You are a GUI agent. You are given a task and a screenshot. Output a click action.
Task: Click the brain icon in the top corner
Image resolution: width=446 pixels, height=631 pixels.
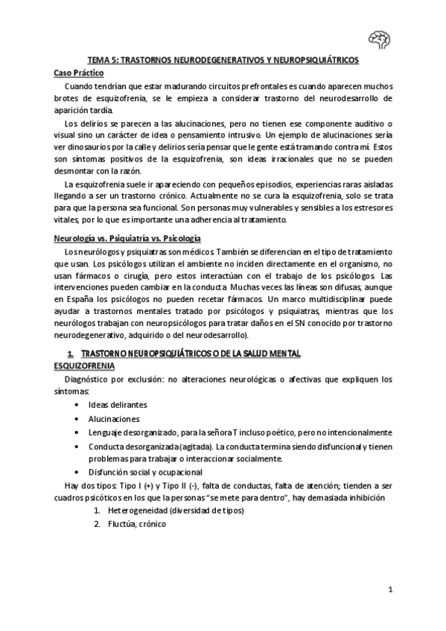(380, 38)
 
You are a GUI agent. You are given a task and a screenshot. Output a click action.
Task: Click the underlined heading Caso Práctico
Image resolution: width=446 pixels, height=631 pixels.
(80, 73)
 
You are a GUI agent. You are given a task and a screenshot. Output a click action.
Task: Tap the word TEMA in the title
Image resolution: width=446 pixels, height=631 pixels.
(98, 59)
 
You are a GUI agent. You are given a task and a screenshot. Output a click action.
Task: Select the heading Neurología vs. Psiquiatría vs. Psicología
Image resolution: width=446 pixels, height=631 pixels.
(127, 238)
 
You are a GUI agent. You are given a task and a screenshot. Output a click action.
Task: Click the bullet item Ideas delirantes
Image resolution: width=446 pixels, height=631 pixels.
(117, 405)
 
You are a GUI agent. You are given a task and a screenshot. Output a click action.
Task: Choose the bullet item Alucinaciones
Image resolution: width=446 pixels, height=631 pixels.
(114, 419)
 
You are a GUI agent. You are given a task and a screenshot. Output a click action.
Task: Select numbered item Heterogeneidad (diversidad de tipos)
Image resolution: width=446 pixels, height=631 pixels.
(165, 511)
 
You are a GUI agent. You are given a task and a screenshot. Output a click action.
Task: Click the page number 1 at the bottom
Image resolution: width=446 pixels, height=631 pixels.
(390, 590)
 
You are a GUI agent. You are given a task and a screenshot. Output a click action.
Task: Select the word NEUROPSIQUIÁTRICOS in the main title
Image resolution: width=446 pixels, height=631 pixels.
(316, 59)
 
